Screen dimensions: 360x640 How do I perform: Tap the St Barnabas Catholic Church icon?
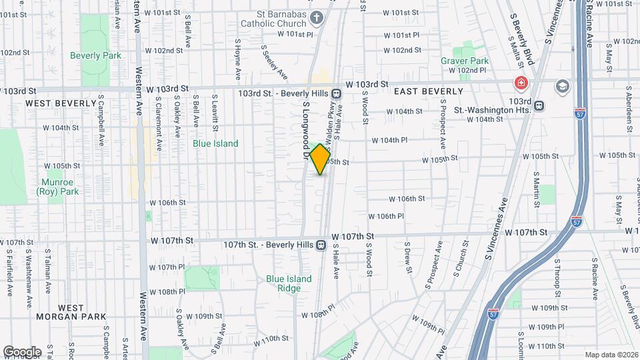(x=316, y=17)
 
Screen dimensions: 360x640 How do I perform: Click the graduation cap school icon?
(x=563, y=85)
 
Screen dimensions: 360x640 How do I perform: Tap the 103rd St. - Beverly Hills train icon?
(x=337, y=93)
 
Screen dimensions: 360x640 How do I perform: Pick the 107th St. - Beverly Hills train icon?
(x=321, y=245)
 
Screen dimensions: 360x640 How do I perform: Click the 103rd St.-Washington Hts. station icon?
(x=539, y=105)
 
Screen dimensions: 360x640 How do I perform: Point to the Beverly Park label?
(x=95, y=55)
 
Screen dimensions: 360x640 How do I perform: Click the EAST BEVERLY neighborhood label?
(x=429, y=91)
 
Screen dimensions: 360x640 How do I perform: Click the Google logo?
(x=22, y=352)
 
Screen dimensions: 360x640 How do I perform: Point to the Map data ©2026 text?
(x=611, y=355)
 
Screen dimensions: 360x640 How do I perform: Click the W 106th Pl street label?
(x=387, y=216)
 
